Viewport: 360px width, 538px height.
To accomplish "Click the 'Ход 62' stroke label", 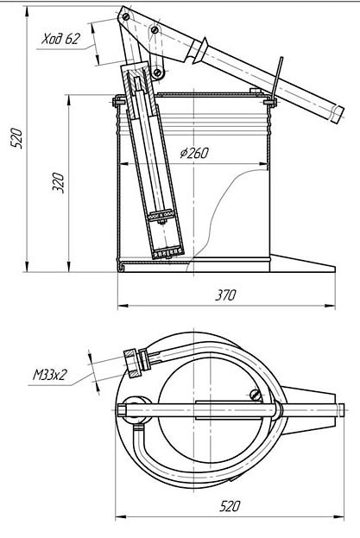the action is [x=60, y=39].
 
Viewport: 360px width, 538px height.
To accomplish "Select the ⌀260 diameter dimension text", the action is [x=194, y=153].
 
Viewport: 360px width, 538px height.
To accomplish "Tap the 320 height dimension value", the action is [x=59, y=183].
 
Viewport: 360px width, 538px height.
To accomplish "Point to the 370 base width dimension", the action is [x=225, y=295].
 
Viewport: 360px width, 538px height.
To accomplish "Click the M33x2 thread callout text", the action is [x=49, y=375].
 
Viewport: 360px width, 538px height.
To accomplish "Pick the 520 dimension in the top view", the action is [x=230, y=506].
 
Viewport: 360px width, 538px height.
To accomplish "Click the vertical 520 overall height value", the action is [x=16, y=138].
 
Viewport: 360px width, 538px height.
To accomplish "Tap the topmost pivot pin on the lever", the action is [x=126, y=16].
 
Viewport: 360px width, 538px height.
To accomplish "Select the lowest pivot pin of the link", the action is [x=157, y=72].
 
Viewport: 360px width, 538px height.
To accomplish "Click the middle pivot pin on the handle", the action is [x=155, y=30].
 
